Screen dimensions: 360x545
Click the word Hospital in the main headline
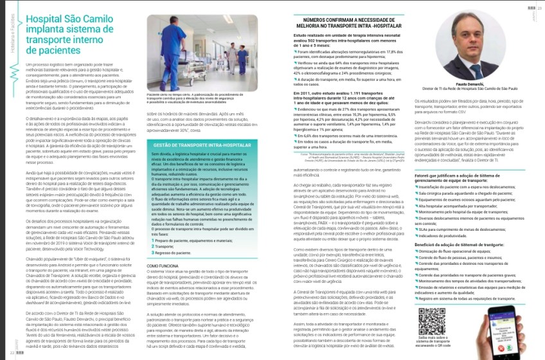46,21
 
